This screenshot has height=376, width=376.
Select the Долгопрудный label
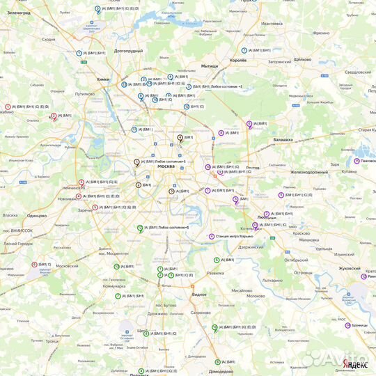128,51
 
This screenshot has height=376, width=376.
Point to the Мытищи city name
209,66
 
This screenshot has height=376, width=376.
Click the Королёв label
238,61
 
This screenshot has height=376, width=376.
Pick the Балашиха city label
283,140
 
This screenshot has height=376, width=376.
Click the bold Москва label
166,166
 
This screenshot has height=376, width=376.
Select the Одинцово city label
36,216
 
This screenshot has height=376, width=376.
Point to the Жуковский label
345,268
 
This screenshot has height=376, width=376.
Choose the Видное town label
199,294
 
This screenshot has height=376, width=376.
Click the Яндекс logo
356,365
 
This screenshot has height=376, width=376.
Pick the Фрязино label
321,33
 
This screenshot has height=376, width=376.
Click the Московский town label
67,266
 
